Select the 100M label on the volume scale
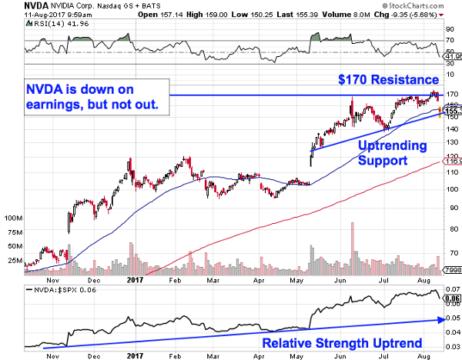pos(15,218)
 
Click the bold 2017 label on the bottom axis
pos(136,356)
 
